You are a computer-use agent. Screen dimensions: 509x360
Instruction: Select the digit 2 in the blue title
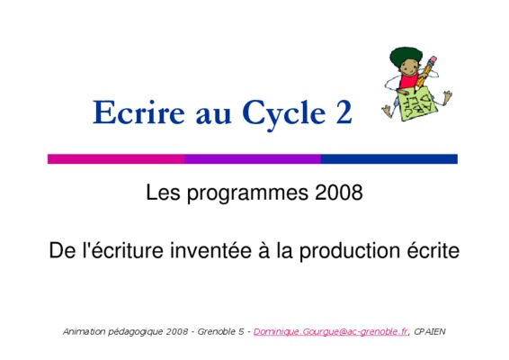click(x=344, y=112)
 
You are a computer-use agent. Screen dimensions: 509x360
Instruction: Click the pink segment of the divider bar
click(x=116, y=159)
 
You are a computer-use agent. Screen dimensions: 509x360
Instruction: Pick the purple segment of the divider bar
click(x=253, y=159)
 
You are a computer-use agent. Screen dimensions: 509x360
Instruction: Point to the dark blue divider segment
click(x=389, y=159)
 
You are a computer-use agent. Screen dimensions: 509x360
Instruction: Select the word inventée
click(x=211, y=250)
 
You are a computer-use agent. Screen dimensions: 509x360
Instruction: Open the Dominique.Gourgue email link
click(x=330, y=332)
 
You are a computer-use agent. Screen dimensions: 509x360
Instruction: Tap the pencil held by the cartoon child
click(x=426, y=72)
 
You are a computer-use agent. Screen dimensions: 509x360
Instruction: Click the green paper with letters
click(x=417, y=104)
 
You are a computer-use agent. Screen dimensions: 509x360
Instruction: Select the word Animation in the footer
click(x=84, y=331)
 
